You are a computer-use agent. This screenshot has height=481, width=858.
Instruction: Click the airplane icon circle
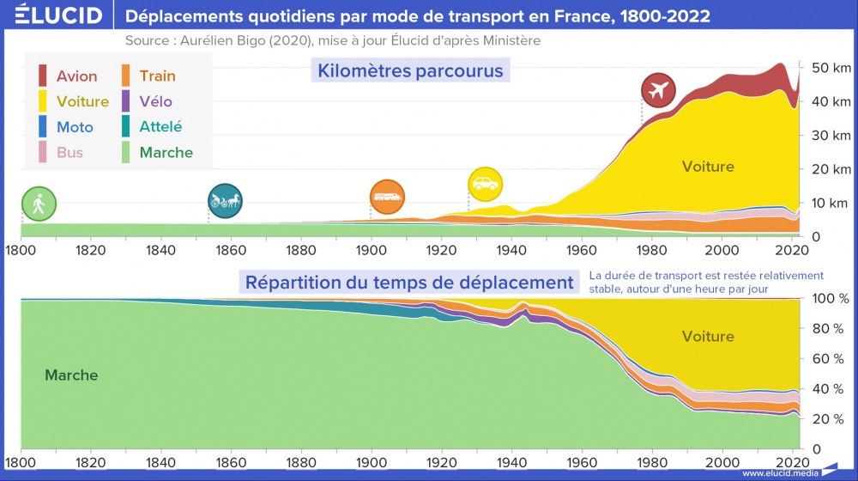click(x=659, y=90)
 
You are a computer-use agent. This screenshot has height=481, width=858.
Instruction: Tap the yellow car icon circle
click(x=485, y=184)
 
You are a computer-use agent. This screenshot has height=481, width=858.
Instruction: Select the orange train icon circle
click(x=387, y=197)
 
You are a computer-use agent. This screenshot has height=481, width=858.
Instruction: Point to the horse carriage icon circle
click(x=225, y=201)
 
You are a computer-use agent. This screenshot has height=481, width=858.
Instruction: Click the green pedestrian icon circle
click(x=39, y=204)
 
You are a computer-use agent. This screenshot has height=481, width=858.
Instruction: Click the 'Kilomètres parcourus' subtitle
click(x=410, y=70)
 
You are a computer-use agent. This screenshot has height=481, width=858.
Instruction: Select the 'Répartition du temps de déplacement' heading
click(x=409, y=282)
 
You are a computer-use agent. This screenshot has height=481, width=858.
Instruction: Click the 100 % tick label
click(x=830, y=298)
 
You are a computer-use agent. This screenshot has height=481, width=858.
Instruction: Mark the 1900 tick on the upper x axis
click(x=370, y=251)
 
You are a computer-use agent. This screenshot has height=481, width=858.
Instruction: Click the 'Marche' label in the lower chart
click(x=71, y=375)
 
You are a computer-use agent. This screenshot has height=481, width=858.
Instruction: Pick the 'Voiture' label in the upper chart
click(x=708, y=167)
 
